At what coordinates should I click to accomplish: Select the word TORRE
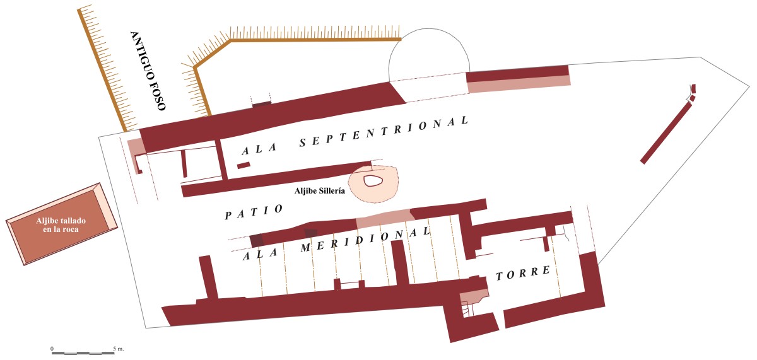coord(524,274)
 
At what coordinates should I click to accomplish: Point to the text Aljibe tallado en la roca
coord(61,224)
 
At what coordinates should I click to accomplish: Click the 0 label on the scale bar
coord(52,348)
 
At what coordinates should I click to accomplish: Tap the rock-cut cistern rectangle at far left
coord(61,224)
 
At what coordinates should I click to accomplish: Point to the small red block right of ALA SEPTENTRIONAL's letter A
coord(244,165)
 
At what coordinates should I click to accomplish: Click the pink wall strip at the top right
coord(519,81)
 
